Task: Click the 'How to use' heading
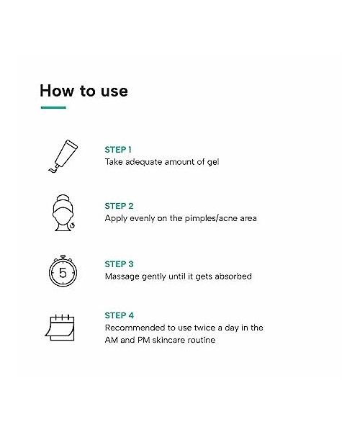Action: tap(84, 91)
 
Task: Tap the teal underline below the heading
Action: tap(53, 107)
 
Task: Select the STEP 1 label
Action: tap(118, 150)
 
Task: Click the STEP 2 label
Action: tap(119, 206)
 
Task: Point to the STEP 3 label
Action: tap(119, 264)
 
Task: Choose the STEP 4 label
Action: tap(120, 315)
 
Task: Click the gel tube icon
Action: tap(63, 156)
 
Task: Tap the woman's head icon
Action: tap(63, 212)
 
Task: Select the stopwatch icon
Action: tap(63, 271)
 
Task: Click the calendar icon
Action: tap(60, 328)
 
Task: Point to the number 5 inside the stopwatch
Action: tap(63, 273)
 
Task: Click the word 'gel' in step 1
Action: tap(213, 162)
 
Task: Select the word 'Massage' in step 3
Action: tap(122, 276)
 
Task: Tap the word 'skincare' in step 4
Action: tap(168, 340)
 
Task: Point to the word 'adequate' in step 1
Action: tap(143, 162)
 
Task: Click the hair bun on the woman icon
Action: tap(63, 198)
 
